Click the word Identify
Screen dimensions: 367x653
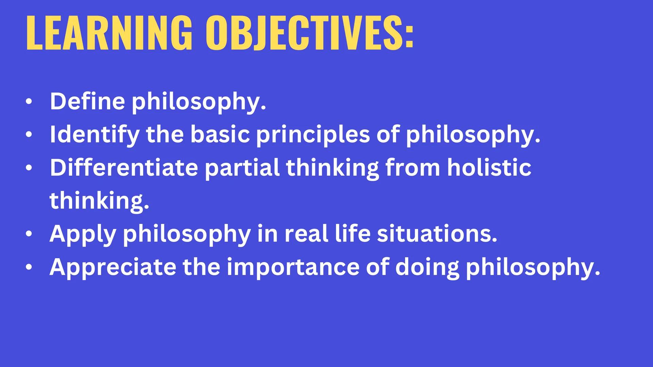click(x=94, y=134)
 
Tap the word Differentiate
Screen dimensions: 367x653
click(x=123, y=168)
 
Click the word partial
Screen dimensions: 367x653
click(x=242, y=168)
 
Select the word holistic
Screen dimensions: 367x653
click(x=489, y=168)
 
